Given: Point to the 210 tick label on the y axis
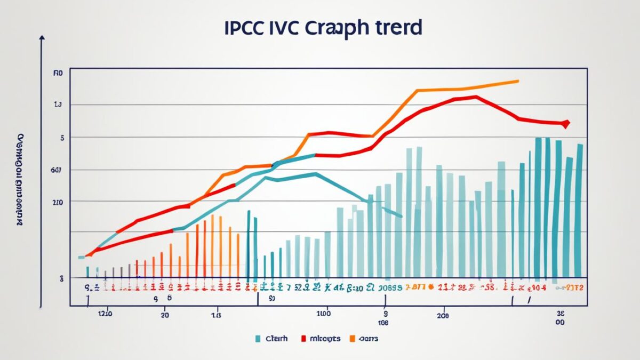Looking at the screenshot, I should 58,203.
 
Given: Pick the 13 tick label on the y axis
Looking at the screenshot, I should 58,105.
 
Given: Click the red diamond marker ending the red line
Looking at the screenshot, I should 566,124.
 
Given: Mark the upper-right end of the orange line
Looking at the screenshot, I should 518,81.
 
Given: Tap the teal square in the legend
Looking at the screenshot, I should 258,338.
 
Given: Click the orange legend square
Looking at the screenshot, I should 352,338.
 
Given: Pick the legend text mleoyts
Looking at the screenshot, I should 325,338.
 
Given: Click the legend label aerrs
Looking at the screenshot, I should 369,338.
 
